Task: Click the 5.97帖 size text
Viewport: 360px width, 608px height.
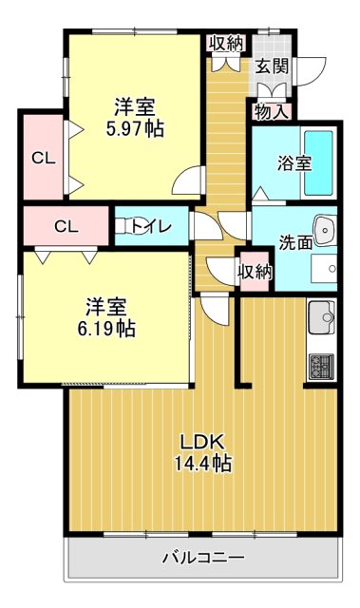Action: pyautogui.click(x=135, y=129)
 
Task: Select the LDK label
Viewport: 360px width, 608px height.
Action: pyautogui.click(x=202, y=442)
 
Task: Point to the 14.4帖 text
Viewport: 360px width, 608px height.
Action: pyautogui.click(x=202, y=465)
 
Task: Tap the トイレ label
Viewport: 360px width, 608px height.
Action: pyautogui.click(x=151, y=226)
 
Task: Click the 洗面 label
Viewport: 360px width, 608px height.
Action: pyautogui.click(x=295, y=242)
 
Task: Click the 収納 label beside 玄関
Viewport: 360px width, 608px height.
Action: pyautogui.click(x=227, y=42)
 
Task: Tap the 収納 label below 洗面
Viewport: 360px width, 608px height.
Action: pyautogui.click(x=255, y=273)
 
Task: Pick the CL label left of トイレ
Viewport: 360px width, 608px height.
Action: pyautogui.click(x=66, y=226)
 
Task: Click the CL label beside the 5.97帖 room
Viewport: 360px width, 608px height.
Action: pyautogui.click(x=41, y=158)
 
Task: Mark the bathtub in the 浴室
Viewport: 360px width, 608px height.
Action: pyautogui.click(x=316, y=162)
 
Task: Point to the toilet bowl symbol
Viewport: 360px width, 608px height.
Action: pyautogui.click(x=123, y=226)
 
